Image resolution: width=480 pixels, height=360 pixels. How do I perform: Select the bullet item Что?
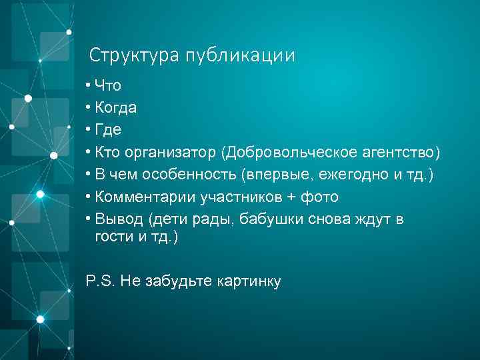(108, 85)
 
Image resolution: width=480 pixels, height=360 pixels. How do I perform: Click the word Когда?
(116, 107)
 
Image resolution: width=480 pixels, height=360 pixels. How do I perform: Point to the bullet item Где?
(108, 130)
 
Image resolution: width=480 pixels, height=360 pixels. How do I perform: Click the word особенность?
(193, 175)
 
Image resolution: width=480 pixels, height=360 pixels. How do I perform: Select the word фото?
(319, 197)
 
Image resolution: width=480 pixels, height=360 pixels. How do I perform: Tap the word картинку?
(249, 281)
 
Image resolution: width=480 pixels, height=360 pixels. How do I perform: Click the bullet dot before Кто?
(88, 153)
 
